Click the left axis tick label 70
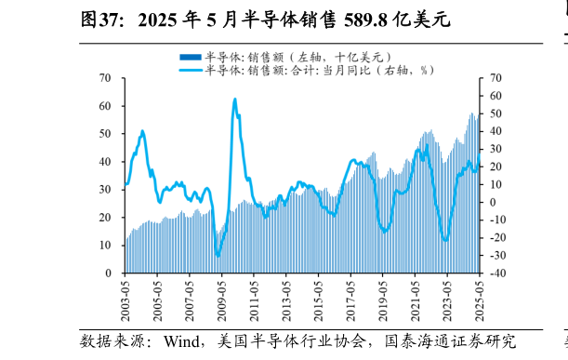tap(106, 78)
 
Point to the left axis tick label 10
tap(106, 246)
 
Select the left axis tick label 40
tap(106, 162)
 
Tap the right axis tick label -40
tap(497, 273)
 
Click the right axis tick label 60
tap(495, 96)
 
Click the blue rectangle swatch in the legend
tap(190, 57)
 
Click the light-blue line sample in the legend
tap(190, 69)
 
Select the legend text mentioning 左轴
tap(293, 57)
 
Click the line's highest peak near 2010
tap(234, 99)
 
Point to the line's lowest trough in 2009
tap(218, 255)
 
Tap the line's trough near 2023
tap(446, 240)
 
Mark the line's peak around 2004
tap(142, 131)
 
